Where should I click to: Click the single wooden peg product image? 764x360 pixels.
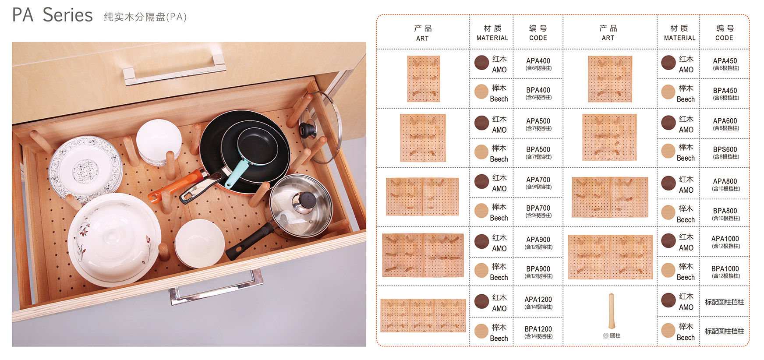click(x=611, y=311)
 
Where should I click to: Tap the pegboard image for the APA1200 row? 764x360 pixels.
click(x=423, y=315)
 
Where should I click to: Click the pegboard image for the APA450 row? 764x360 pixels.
click(x=610, y=79)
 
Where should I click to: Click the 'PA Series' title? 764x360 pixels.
click(x=52, y=15)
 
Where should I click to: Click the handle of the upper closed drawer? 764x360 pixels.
click(x=174, y=69)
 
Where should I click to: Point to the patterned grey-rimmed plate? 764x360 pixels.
click(x=85, y=169)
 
